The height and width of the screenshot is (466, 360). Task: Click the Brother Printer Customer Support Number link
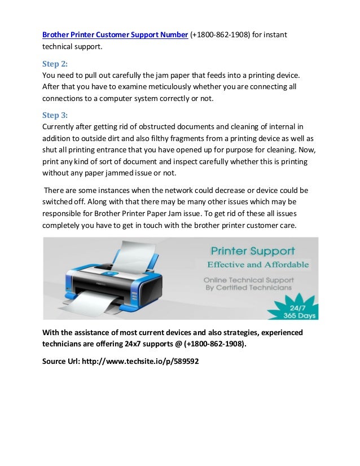pos(115,35)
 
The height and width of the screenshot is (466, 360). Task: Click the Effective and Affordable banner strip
pos(257,263)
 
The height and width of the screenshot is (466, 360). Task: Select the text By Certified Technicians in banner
pos(248,288)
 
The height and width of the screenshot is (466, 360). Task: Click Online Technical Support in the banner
pos(248,279)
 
